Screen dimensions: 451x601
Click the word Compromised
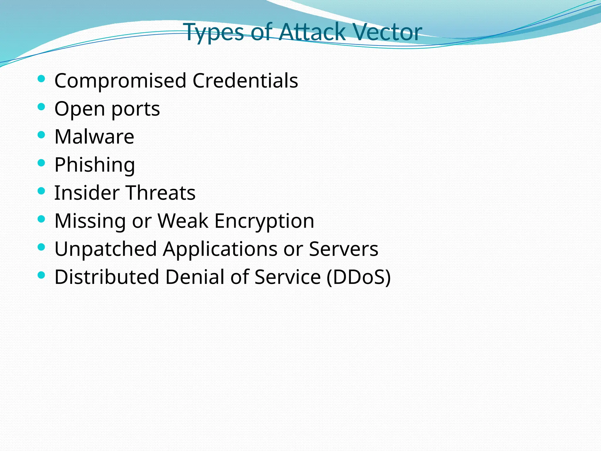(x=120, y=81)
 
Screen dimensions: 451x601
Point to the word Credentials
(x=245, y=80)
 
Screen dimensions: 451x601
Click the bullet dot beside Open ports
(x=41, y=107)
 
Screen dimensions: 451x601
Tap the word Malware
(x=94, y=137)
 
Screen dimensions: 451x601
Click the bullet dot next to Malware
(x=41, y=135)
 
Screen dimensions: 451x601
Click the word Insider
(x=87, y=193)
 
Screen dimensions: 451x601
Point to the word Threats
(x=161, y=193)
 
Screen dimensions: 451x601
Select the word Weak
(x=183, y=221)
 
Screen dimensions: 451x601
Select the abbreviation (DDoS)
(x=359, y=277)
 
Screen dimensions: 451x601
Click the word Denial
(x=195, y=277)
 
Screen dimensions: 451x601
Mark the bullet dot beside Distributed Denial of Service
(x=41, y=275)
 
